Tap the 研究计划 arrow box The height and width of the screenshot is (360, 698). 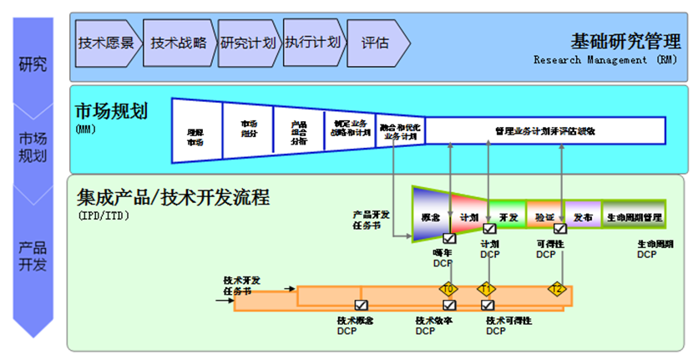247,43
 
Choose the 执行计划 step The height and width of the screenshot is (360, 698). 311,43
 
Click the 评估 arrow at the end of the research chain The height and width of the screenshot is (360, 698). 376,43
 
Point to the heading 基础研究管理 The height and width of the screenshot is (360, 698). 625,40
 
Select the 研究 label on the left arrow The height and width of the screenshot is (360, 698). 33,63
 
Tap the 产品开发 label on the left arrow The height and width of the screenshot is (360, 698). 33,256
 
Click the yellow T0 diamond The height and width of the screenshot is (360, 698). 449,289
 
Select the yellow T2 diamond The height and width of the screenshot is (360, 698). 557,289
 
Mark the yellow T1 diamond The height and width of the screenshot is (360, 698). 487,289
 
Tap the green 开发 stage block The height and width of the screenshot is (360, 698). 508,216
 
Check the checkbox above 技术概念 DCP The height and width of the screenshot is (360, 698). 361,306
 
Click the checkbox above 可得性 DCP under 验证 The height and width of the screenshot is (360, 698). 560,229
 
